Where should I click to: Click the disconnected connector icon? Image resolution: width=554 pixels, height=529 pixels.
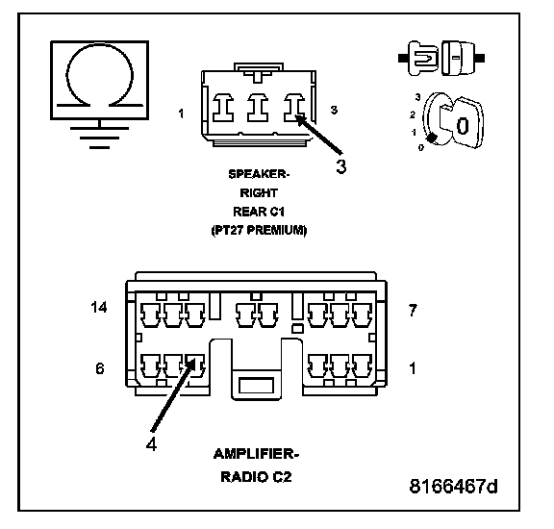(441, 58)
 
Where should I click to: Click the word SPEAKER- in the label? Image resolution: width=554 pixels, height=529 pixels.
(259, 174)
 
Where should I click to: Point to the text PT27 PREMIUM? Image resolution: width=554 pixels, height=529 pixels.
(259, 230)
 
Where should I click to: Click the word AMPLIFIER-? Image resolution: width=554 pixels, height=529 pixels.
(256, 454)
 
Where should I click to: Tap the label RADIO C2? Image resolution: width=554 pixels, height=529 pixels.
(256, 477)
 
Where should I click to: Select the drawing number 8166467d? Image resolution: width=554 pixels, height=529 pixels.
(453, 487)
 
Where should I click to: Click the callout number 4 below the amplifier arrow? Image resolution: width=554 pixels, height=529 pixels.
(152, 443)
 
